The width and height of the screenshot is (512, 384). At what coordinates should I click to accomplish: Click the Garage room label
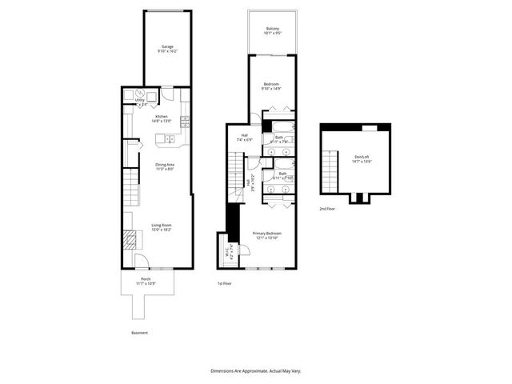point(167,48)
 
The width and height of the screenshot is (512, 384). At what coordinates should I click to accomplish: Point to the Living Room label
point(162,227)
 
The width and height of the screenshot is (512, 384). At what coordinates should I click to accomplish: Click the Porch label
point(146,281)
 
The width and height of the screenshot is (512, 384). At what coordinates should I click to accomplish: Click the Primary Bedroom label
point(269,234)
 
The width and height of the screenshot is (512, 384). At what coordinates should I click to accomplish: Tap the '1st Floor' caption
point(226,284)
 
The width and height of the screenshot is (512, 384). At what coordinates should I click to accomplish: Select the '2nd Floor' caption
point(327,208)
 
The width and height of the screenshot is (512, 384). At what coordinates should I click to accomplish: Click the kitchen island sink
point(169,140)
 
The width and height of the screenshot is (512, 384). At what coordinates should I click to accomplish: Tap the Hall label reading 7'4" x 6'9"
point(246,138)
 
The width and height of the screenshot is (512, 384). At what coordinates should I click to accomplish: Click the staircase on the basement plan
point(130,189)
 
